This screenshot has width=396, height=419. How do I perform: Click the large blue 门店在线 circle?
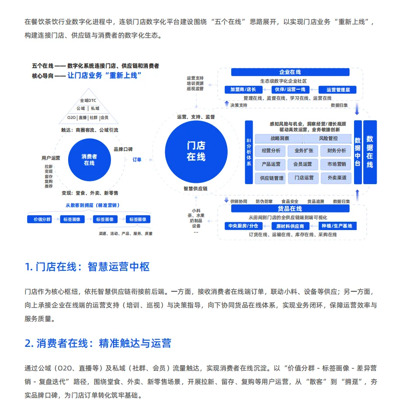(x=195, y=151)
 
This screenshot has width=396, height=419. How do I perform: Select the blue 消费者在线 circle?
(x=89, y=160)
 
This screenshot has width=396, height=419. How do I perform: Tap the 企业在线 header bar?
(x=290, y=72)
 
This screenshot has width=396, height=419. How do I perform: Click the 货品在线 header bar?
(x=290, y=209)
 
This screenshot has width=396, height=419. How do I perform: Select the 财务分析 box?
(x=336, y=151)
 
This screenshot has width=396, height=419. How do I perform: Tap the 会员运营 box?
(x=302, y=164)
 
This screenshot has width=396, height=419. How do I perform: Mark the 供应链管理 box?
(x=271, y=178)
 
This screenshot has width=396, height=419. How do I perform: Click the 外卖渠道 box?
(x=336, y=178)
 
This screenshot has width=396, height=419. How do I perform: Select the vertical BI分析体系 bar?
(x=249, y=152)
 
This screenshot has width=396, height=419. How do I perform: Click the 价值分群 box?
(x=39, y=219)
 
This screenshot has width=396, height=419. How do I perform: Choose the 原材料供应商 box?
(x=290, y=226)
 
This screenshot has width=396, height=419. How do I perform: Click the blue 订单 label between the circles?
(x=137, y=160)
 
